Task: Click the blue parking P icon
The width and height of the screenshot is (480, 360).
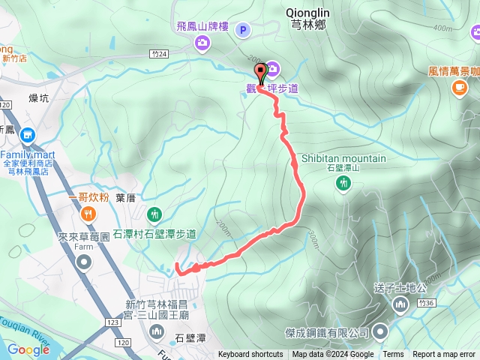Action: [242, 30]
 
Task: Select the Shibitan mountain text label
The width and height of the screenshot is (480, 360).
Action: [343, 158]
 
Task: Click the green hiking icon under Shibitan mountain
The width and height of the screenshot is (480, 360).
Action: [343, 182]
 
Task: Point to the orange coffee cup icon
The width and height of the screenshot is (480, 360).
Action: [458, 88]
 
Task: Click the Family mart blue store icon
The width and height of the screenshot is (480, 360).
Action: [28, 135]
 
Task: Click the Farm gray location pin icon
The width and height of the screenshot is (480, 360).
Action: [84, 262]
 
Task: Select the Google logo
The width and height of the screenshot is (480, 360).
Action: [28, 349]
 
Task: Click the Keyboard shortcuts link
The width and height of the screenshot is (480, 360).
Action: [250, 355]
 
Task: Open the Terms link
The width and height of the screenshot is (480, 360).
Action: [393, 355]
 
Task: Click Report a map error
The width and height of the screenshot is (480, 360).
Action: [444, 355]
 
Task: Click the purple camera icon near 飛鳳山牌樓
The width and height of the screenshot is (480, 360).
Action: [202, 43]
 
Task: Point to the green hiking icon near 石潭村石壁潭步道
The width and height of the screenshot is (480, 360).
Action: [154, 214]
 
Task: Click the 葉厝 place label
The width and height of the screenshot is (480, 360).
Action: [125, 197]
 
